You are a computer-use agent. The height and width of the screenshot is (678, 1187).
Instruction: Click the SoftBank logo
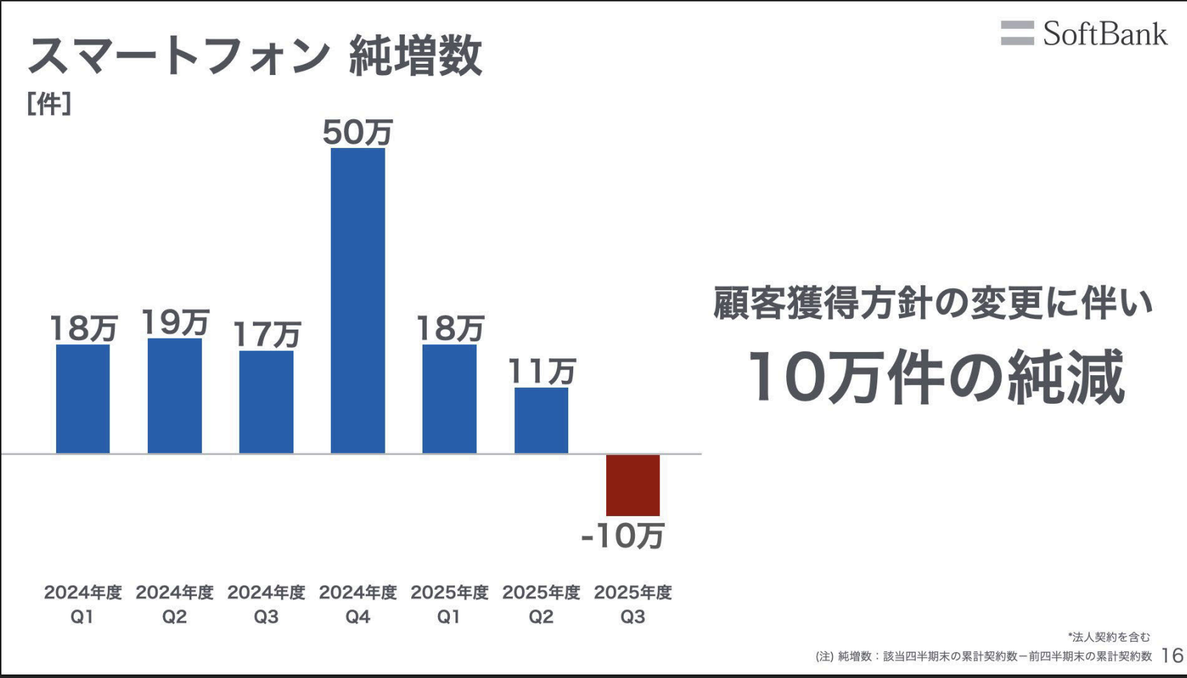(x=1083, y=34)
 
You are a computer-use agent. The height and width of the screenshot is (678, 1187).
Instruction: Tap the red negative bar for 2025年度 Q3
(x=633, y=484)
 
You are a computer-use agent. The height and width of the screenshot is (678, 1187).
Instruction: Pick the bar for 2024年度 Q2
(x=174, y=395)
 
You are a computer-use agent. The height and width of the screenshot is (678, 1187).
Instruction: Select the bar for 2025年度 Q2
(x=541, y=420)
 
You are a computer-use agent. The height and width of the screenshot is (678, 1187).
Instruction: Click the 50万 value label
(x=357, y=132)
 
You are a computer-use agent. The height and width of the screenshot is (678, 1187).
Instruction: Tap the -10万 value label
(x=622, y=536)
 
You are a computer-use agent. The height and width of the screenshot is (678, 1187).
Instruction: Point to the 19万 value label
(x=174, y=323)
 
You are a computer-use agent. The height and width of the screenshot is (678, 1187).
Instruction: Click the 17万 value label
(x=266, y=334)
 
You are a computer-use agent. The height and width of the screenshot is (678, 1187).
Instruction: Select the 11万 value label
(x=541, y=371)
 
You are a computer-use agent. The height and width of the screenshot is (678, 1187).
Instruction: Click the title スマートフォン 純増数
(x=255, y=56)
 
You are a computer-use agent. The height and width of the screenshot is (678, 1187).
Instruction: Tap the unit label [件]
(x=49, y=104)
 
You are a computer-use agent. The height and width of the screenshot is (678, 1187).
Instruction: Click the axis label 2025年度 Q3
(x=633, y=604)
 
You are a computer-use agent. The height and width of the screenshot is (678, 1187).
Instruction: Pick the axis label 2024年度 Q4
(x=357, y=604)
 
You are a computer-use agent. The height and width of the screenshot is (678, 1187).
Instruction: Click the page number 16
(x=1172, y=656)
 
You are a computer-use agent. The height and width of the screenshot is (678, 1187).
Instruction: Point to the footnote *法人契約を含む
(x=1109, y=637)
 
